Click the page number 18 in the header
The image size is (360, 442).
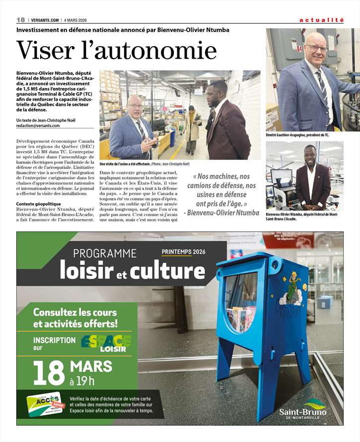click(x=20, y=20)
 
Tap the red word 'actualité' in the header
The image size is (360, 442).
click(x=321, y=20)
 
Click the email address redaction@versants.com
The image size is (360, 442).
click(x=37, y=126)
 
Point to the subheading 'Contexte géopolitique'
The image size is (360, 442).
click(x=39, y=204)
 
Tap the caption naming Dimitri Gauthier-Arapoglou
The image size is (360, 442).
click(x=297, y=135)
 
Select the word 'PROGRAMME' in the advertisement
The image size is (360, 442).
click(x=105, y=254)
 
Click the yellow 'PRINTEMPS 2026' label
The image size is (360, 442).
click(x=183, y=252)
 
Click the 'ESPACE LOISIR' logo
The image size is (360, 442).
click(x=106, y=343)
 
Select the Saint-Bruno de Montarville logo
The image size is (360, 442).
click(x=302, y=410)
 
